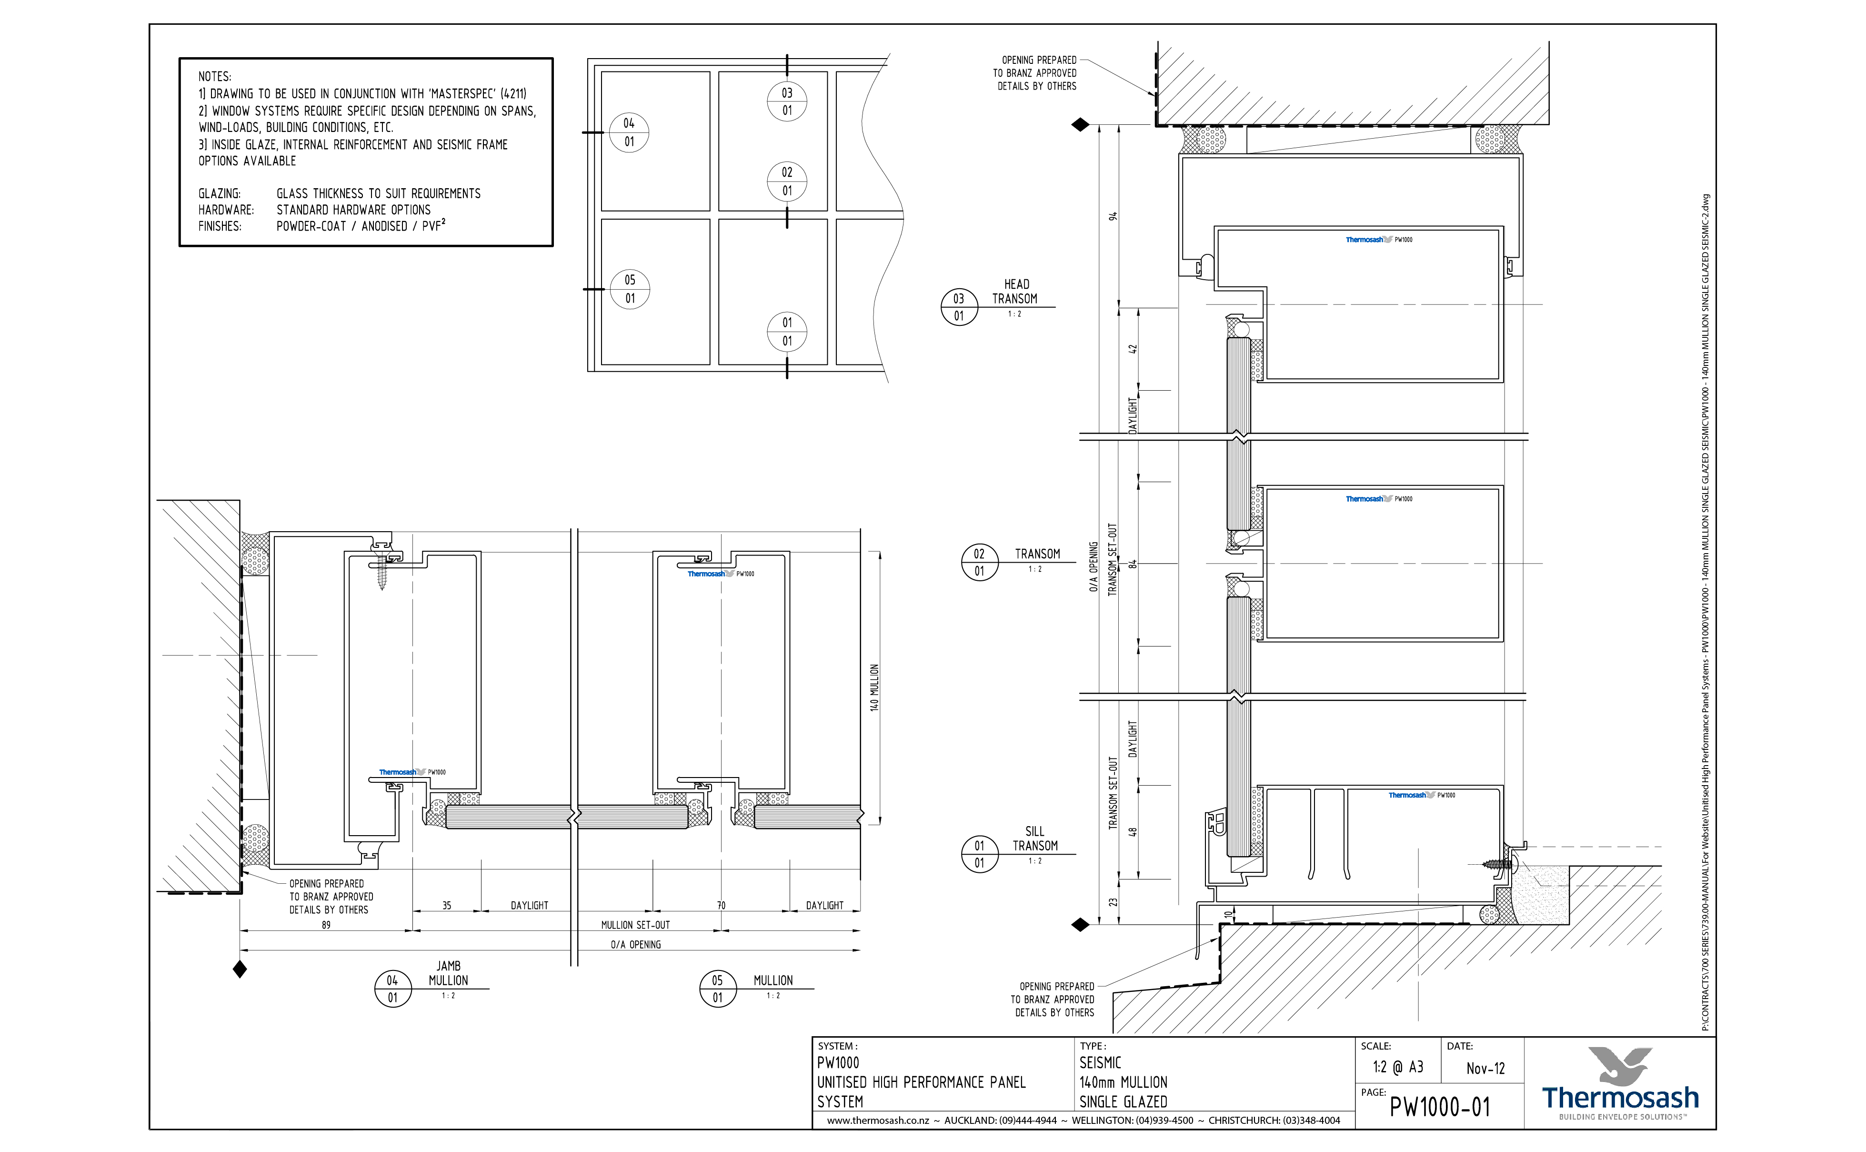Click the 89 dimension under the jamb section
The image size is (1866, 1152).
[x=326, y=925]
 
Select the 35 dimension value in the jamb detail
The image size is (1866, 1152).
[x=447, y=905]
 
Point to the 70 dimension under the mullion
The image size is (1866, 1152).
[x=721, y=905]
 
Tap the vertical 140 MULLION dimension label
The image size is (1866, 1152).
[x=874, y=687]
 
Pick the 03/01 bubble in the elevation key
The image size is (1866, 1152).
[x=787, y=102]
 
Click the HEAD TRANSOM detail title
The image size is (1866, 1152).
[x=1015, y=291]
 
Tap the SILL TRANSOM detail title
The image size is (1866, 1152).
[x=1034, y=838]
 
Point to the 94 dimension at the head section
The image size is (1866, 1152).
[x=1113, y=216]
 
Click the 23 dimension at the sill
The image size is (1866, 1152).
[x=1113, y=902]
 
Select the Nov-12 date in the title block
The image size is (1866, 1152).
[x=1485, y=1068]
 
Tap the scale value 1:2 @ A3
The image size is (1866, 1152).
[x=1398, y=1067]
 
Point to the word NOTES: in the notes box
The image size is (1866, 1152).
[x=215, y=76]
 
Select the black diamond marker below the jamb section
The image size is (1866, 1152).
[x=240, y=970]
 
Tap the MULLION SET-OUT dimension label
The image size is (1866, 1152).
[x=635, y=925]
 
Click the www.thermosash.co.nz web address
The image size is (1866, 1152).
[x=877, y=1121]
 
